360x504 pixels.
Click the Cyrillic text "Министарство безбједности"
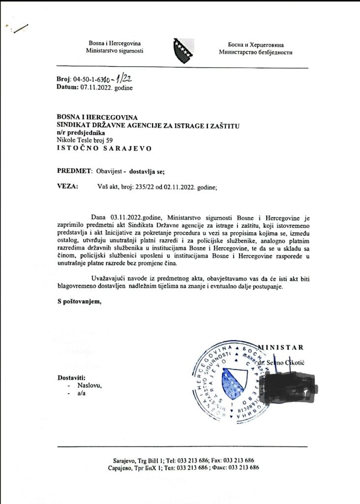point(256,52)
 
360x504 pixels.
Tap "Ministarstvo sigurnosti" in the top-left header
point(115,51)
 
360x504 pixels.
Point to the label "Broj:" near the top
point(64,79)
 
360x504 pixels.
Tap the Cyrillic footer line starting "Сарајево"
point(183,468)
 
